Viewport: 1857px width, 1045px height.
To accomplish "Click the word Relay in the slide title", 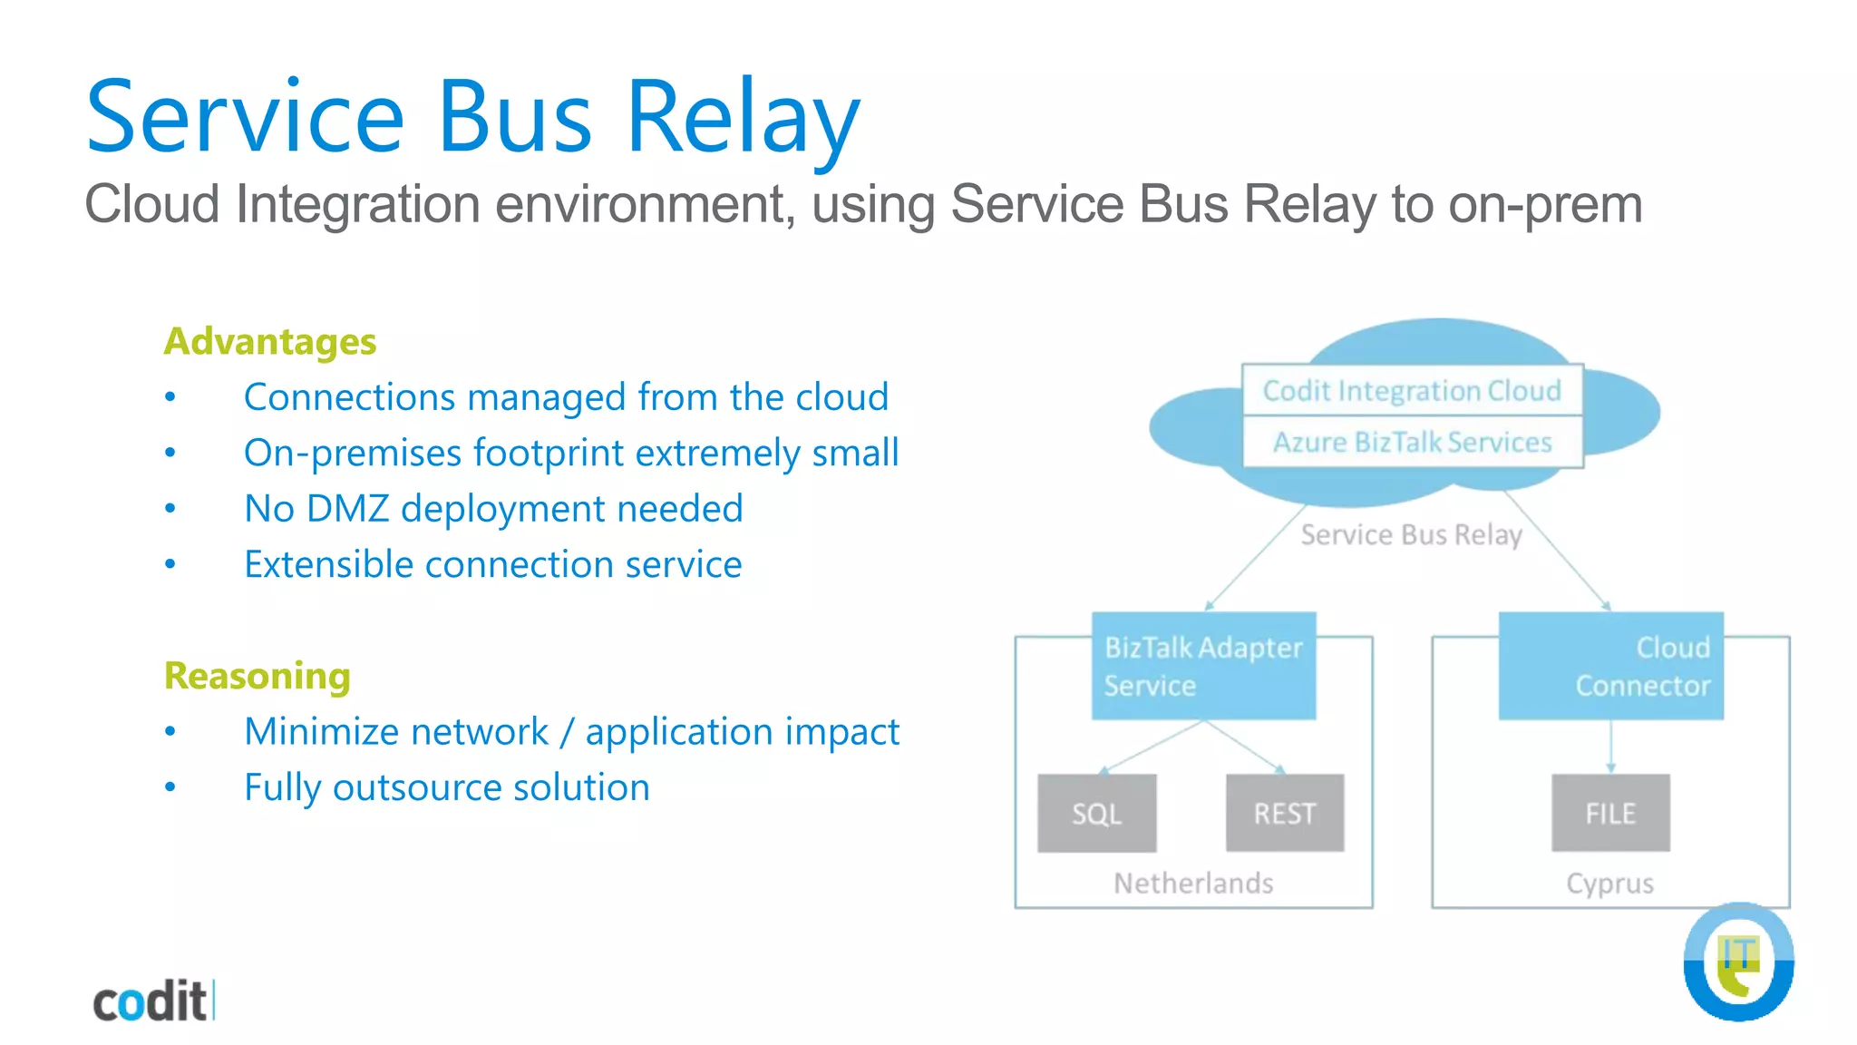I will click(x=742, y=118).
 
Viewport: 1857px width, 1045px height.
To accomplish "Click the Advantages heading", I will click(x=269, y=342).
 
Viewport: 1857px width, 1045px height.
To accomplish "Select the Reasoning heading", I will click(x=257, y=676).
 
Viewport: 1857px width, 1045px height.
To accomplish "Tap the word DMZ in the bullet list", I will click(x=347, y=509).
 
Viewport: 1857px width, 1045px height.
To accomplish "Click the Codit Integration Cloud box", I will click(x=1412, y=391).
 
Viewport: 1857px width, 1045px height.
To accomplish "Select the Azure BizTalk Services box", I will click(x=1412, y=443).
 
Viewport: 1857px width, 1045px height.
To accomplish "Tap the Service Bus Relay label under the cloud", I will click(x=1411, y=535).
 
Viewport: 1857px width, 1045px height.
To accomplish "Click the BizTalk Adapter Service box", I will click(x=1203, y=667).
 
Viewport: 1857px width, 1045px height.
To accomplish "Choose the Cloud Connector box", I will click(x=1611, y=667).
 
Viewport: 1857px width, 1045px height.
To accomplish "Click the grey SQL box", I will click(x=1096, y=814).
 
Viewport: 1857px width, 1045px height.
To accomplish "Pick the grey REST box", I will click(x=1284, y=814).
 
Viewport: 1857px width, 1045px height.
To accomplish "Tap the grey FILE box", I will click(x=1610, y=814).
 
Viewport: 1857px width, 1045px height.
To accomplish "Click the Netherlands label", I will click(x=1193, y=884).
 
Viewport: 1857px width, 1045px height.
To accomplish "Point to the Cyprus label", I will click(x=1609, y=884).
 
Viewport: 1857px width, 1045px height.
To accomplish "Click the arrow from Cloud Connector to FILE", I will click(x=1611, y=747).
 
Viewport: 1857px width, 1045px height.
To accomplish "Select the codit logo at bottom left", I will click(x=152, y=1001).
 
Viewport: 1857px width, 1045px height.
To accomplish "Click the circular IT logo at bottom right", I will click(x=1738, y=962).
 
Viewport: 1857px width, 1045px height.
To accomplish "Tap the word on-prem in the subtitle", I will click(x=1545, y=204).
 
